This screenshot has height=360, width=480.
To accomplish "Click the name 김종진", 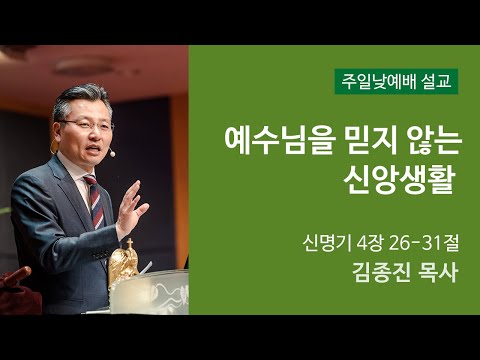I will (375, 272).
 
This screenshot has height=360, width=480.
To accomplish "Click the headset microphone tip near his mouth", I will (112, 154).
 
